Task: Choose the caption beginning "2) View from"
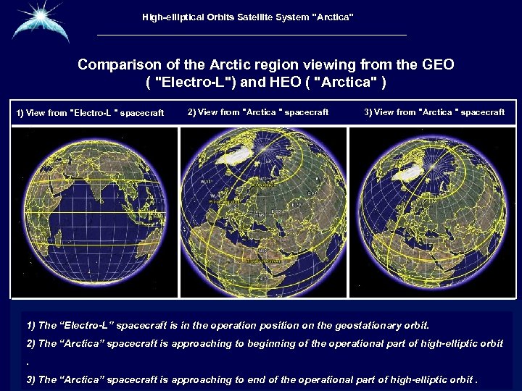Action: (257, 112)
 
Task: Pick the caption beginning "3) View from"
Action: (434, 112)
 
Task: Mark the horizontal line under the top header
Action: (252, 35)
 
